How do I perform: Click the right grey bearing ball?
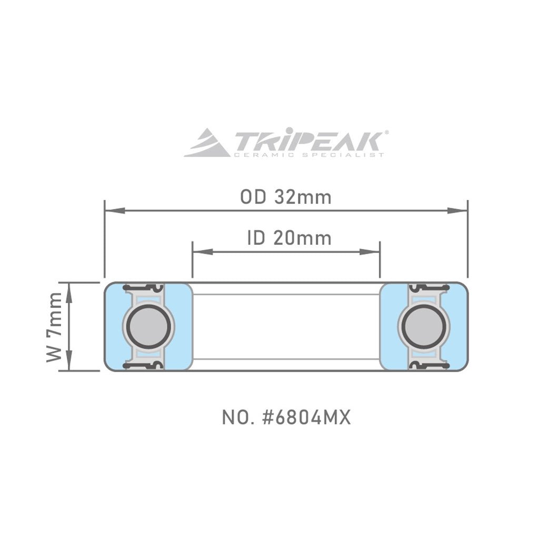coord(425,326)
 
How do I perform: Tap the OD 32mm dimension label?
coord(286,197)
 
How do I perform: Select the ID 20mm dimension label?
coord(289,238)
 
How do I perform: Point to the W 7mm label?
coord(54,327)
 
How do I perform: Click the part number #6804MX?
coord(305,418)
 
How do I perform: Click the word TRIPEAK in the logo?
coord(308,141)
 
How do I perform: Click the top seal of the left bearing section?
coord(142,287)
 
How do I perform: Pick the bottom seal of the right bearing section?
coord(429,365)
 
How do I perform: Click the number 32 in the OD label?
coord(284,197)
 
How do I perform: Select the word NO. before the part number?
coord(235,418)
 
